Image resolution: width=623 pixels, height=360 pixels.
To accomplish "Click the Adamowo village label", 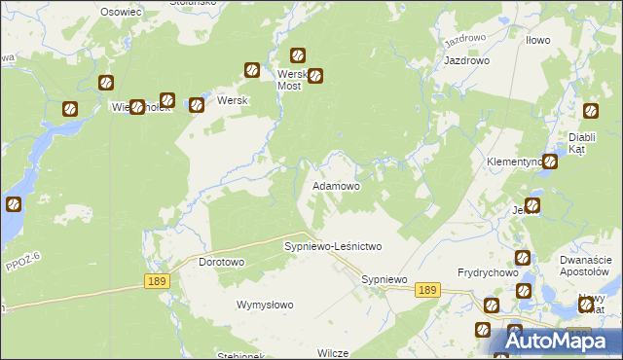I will click(x=336, y=185).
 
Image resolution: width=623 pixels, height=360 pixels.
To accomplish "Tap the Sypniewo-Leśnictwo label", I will click(x=332, y=247).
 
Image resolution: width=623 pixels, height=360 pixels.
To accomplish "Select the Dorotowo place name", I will click(x=221, y=263).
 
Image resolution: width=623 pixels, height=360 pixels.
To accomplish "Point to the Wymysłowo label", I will click(x=265, y=305).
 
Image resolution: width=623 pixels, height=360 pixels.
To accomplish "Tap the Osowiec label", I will click(x=122, y=11).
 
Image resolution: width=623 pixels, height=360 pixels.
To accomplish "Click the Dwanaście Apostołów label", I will click(x=585, y=267).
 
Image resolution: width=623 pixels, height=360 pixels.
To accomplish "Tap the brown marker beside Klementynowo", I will click(x=550, y=162).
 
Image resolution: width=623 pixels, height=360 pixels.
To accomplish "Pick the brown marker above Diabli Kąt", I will click(x=590, y=113).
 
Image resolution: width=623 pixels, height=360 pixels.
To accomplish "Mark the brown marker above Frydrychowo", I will click(x=523, y=258).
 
